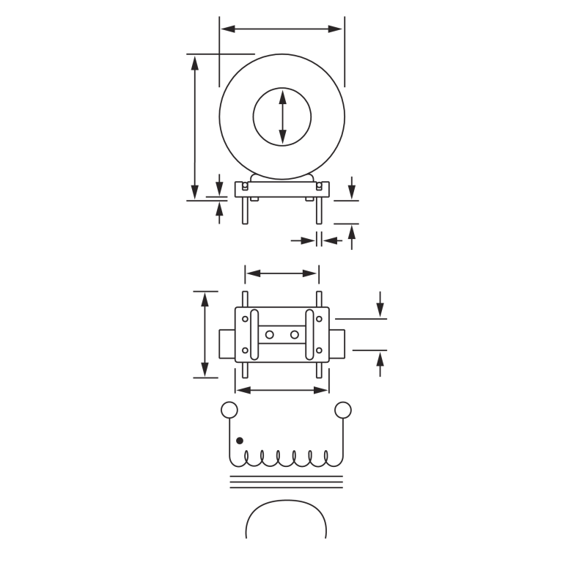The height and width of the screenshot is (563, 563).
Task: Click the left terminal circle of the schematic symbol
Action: [x=229, y=410]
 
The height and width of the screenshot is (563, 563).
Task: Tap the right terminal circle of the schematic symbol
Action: [x=343, y=410]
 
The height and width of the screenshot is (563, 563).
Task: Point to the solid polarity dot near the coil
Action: [x=240, y=441]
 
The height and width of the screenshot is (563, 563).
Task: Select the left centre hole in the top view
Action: [x=270, y=335]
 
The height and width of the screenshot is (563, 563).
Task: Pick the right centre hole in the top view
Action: [x=295, y=335]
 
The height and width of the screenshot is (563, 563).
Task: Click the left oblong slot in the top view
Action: [x=254, y=334]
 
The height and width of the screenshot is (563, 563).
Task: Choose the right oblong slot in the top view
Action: [x=309, y=334]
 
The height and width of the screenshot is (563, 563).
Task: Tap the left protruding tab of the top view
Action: [x=227, y=344]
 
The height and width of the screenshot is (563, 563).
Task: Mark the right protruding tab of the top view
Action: [x=337, y=344]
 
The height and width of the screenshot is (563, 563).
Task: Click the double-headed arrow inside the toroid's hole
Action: [x=282, y=117]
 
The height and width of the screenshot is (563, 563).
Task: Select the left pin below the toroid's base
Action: [x=246, y=210]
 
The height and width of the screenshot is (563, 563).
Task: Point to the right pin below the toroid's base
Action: [x=319, y=210]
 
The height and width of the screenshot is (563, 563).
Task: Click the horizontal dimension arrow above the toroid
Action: [x=281, y=29]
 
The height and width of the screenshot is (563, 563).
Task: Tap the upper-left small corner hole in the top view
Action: [x=246, y=319]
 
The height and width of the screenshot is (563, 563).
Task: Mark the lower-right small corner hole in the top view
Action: [x=319, y=350]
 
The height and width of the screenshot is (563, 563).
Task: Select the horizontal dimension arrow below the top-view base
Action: [x=282, y=390]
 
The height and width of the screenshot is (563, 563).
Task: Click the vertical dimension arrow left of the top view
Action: [x=205, y=334]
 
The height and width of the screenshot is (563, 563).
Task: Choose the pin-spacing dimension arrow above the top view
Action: [x=282, y=273]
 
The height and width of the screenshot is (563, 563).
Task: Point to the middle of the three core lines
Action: [x=286, y=482]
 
